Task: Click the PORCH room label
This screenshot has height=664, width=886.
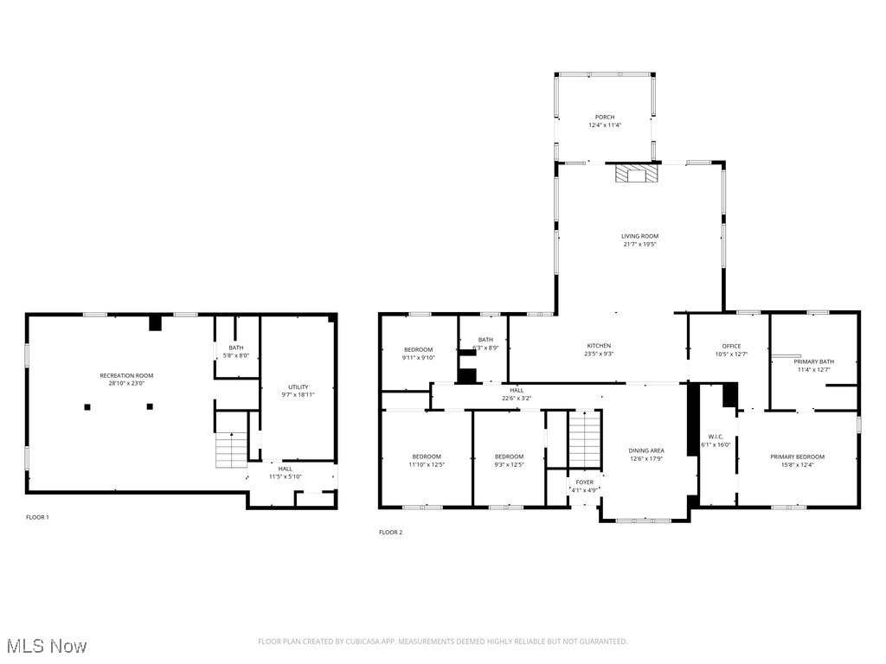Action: (605, 117)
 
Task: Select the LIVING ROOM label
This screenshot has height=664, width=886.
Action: (639, 236)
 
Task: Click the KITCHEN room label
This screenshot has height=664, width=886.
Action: (599, 346)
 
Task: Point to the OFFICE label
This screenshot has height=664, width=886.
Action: (731, 346)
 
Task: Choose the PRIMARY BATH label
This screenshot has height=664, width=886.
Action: (813, 361)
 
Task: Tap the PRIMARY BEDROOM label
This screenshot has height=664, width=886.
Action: (797, 456)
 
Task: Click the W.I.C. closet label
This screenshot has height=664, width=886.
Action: (715, 437)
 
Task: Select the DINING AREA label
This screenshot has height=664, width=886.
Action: (645, 450)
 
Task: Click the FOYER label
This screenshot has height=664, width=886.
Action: (585, 482)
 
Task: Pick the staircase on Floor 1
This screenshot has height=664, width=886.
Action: (231, 450)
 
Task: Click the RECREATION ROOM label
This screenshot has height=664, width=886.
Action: (126, 375)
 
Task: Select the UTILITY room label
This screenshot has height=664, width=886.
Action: (299, 386)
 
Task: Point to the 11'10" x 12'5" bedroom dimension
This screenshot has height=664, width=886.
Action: (427, 464)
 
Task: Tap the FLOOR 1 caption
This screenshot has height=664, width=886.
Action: (37, 517)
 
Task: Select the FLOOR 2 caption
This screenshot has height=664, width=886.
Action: (390, 533)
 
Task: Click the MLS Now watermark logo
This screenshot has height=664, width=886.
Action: (46, 646)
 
